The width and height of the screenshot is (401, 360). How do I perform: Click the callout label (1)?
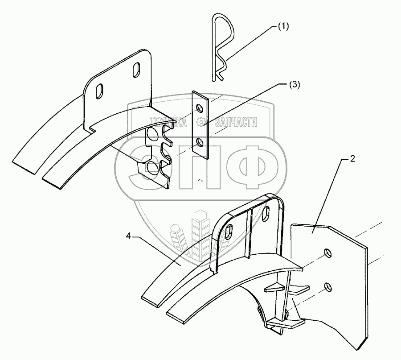283,26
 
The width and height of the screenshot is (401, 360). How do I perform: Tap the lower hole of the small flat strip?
201,142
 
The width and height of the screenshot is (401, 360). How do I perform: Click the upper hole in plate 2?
328,253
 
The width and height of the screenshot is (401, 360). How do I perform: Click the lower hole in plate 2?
328,286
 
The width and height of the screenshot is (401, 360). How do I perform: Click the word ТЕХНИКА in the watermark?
168,121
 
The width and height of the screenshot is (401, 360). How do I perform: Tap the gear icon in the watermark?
202,121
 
